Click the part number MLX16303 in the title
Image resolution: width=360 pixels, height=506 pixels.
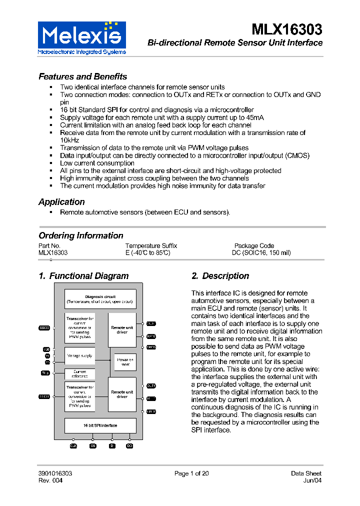pyautogui.click(x=286, y=28)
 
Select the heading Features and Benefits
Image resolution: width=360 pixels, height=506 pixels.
pyautogui.click(x=83, y=76)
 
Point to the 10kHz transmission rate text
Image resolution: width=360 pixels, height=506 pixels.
pyautogui.click(x=69, y=140)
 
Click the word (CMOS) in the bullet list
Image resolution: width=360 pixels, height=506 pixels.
pyautogui.click(x=297, y=155)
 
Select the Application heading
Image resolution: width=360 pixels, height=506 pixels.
pyautogui.click(x=61, y=202)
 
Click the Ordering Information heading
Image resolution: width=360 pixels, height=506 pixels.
pyautogui.click(x=81, y=235)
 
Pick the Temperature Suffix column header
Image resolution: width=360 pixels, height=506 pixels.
pyautogui.click(x=151, y=246)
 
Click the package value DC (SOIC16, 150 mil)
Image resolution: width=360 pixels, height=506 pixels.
pyautogui.click(x=261, y=253)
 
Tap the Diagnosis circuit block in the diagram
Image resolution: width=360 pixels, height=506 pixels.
pyautogui.click(x=100, y=299)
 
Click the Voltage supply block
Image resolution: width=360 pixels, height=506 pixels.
pyautogui.click(x=80, y=356)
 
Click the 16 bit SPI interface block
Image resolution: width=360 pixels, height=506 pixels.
pyautogui.click(x=100, y=425)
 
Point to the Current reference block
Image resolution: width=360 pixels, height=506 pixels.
pyautogui.click(x=80, y=374)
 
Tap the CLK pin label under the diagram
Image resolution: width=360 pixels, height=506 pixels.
pyautogui.click(x=73, y=445)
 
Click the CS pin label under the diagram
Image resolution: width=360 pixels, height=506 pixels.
pyautogui.click(x=93, y=445)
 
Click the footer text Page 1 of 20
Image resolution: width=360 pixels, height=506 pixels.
pyautogui.click(x=191, y=473)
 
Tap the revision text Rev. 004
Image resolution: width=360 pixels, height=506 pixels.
pyautogui.click(x=50, y=481)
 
